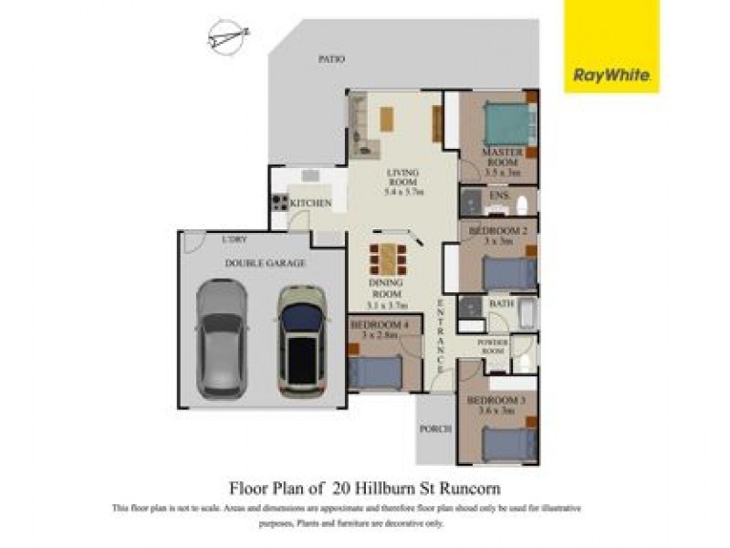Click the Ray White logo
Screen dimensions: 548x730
[610, 76]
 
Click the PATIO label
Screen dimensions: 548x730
[331, 59]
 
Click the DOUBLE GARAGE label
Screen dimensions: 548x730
[265, 263]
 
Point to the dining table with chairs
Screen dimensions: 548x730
[389, 258]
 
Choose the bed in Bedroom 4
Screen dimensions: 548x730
[374, 372]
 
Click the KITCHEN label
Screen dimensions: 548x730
[310, 203]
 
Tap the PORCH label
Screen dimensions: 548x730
[434, 428]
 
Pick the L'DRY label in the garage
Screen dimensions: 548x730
[235, 239]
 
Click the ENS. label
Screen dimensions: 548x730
[499, 196]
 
